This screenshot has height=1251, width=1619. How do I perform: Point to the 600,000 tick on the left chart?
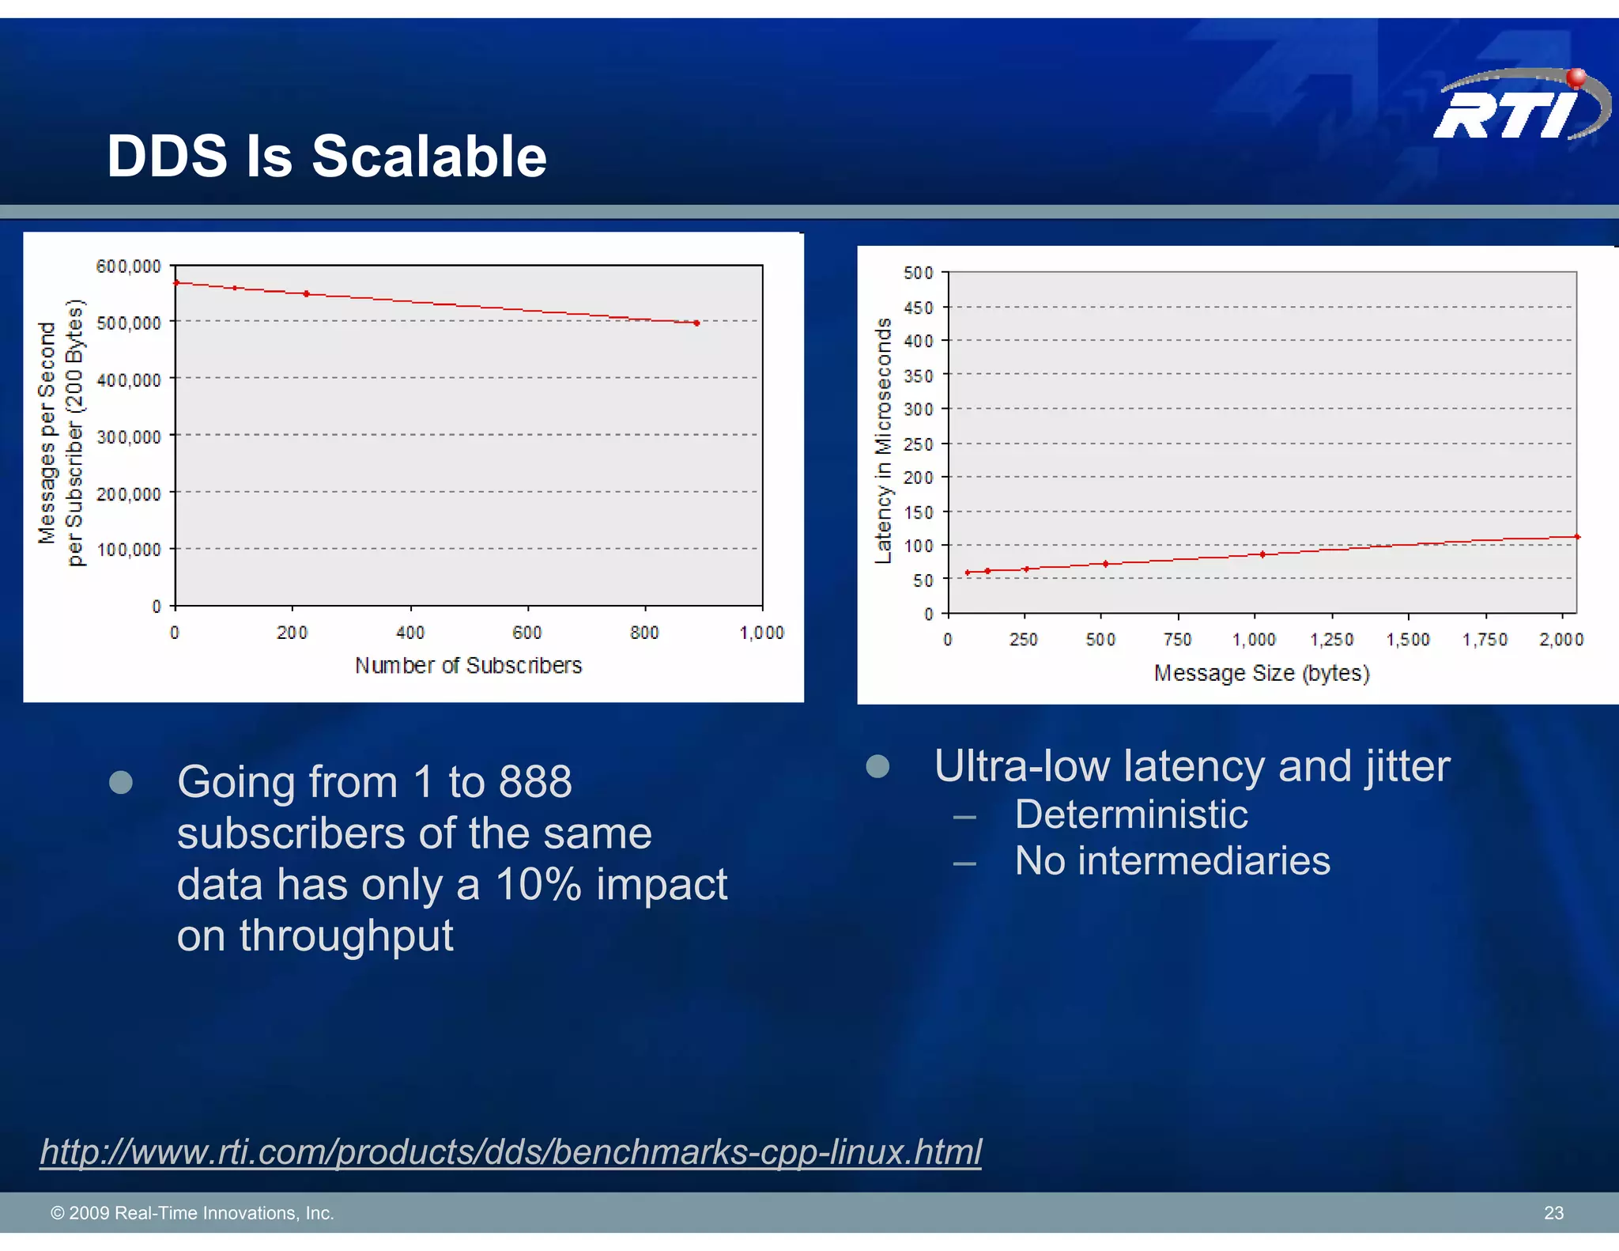point(129,266)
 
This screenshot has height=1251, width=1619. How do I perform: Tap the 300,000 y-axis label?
point(129,437)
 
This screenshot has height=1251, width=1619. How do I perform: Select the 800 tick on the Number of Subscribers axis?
point(644,633)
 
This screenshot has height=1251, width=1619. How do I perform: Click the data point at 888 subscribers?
point(696,323)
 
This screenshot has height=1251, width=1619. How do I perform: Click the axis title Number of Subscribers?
point(468,666)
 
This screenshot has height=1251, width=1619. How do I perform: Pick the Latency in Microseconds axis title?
point(883,440)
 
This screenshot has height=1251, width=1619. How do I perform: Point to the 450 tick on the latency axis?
point(918,308)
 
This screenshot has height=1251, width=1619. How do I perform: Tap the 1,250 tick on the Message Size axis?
point(1331,640)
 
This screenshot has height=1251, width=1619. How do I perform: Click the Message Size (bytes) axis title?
point(1262,674)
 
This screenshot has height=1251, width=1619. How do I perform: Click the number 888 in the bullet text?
point(535,782)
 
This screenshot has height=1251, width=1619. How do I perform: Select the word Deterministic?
point(1130,814)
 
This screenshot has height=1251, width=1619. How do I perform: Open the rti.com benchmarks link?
point(511,1151)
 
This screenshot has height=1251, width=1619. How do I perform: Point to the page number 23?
point(1553,1213)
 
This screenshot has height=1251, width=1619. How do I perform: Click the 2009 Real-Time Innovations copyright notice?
point(192,1213)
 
